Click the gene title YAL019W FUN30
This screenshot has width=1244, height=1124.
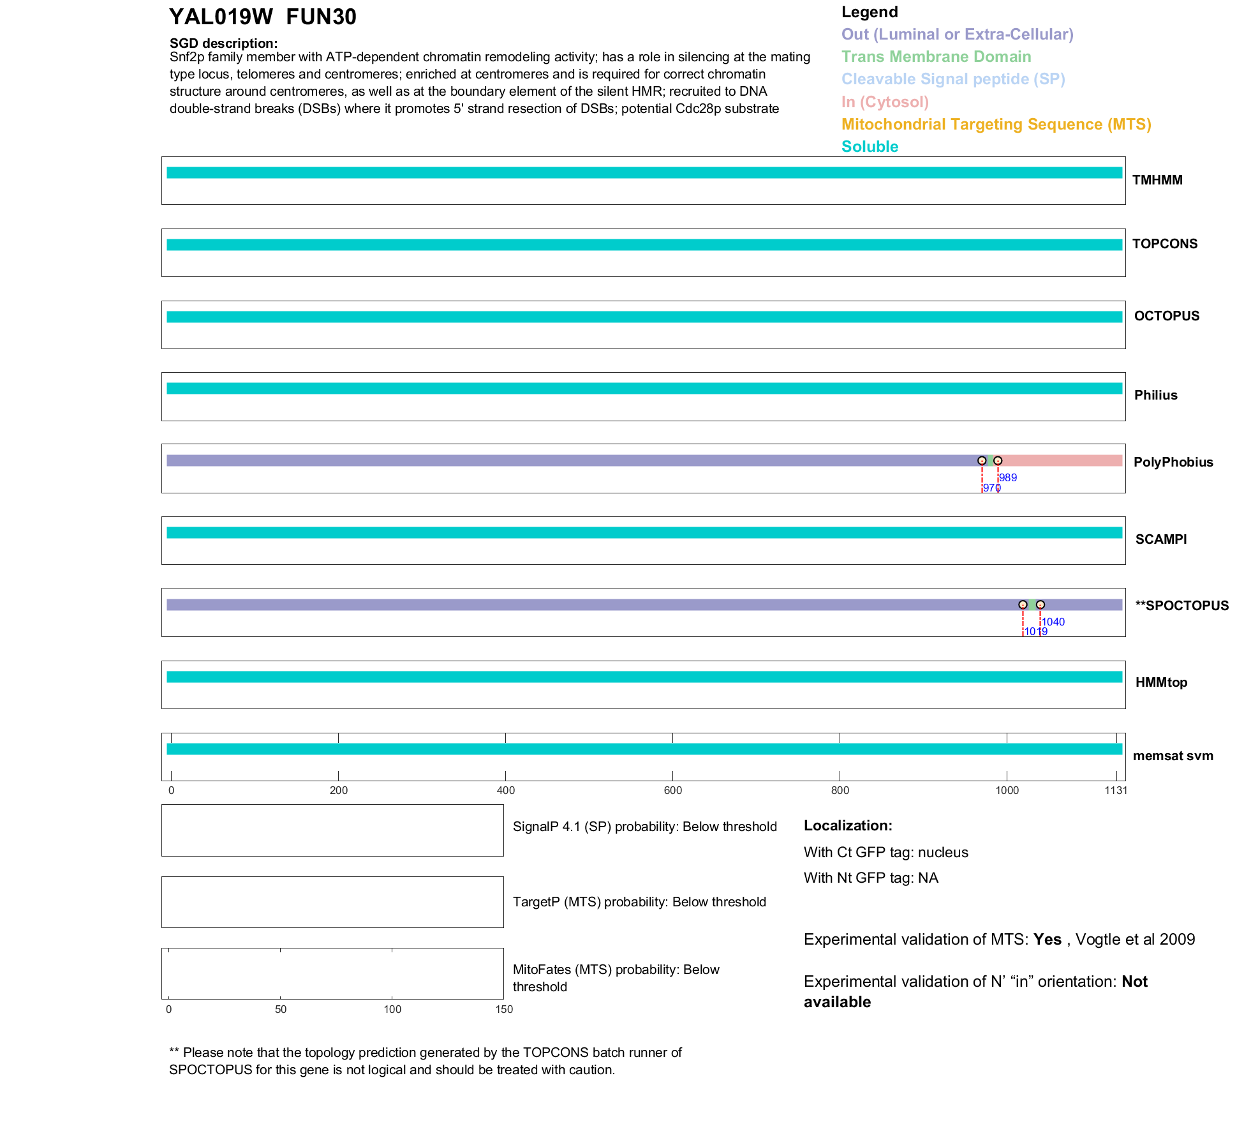(262, 17)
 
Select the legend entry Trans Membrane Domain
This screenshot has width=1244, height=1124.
(936, 57)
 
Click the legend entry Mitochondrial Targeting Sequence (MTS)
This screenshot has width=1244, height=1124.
(996, 124)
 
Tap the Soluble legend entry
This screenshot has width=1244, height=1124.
(870, 147)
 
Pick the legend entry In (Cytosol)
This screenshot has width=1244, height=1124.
(885, 102)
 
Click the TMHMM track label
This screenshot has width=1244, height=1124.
(1157, 180)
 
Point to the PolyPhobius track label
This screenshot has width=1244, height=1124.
(1173, 462)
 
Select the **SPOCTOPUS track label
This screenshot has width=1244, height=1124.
(1182, 606)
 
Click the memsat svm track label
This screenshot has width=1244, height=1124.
(1173, 756)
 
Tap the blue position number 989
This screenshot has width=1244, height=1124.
(1008, 477)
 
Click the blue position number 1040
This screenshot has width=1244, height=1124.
(1053, 622)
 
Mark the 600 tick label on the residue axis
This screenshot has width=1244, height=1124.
(673, 791)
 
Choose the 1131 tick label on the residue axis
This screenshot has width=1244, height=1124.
(1116, 791)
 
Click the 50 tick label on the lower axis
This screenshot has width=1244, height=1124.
(281, 1009)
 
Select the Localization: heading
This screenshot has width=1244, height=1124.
(848, 826)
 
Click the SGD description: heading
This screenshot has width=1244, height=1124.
(223, 43)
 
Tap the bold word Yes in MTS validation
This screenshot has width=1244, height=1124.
(1048, 940)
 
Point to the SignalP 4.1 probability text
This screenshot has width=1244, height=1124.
(644, 827)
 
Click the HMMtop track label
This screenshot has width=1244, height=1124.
(1161, 682)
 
